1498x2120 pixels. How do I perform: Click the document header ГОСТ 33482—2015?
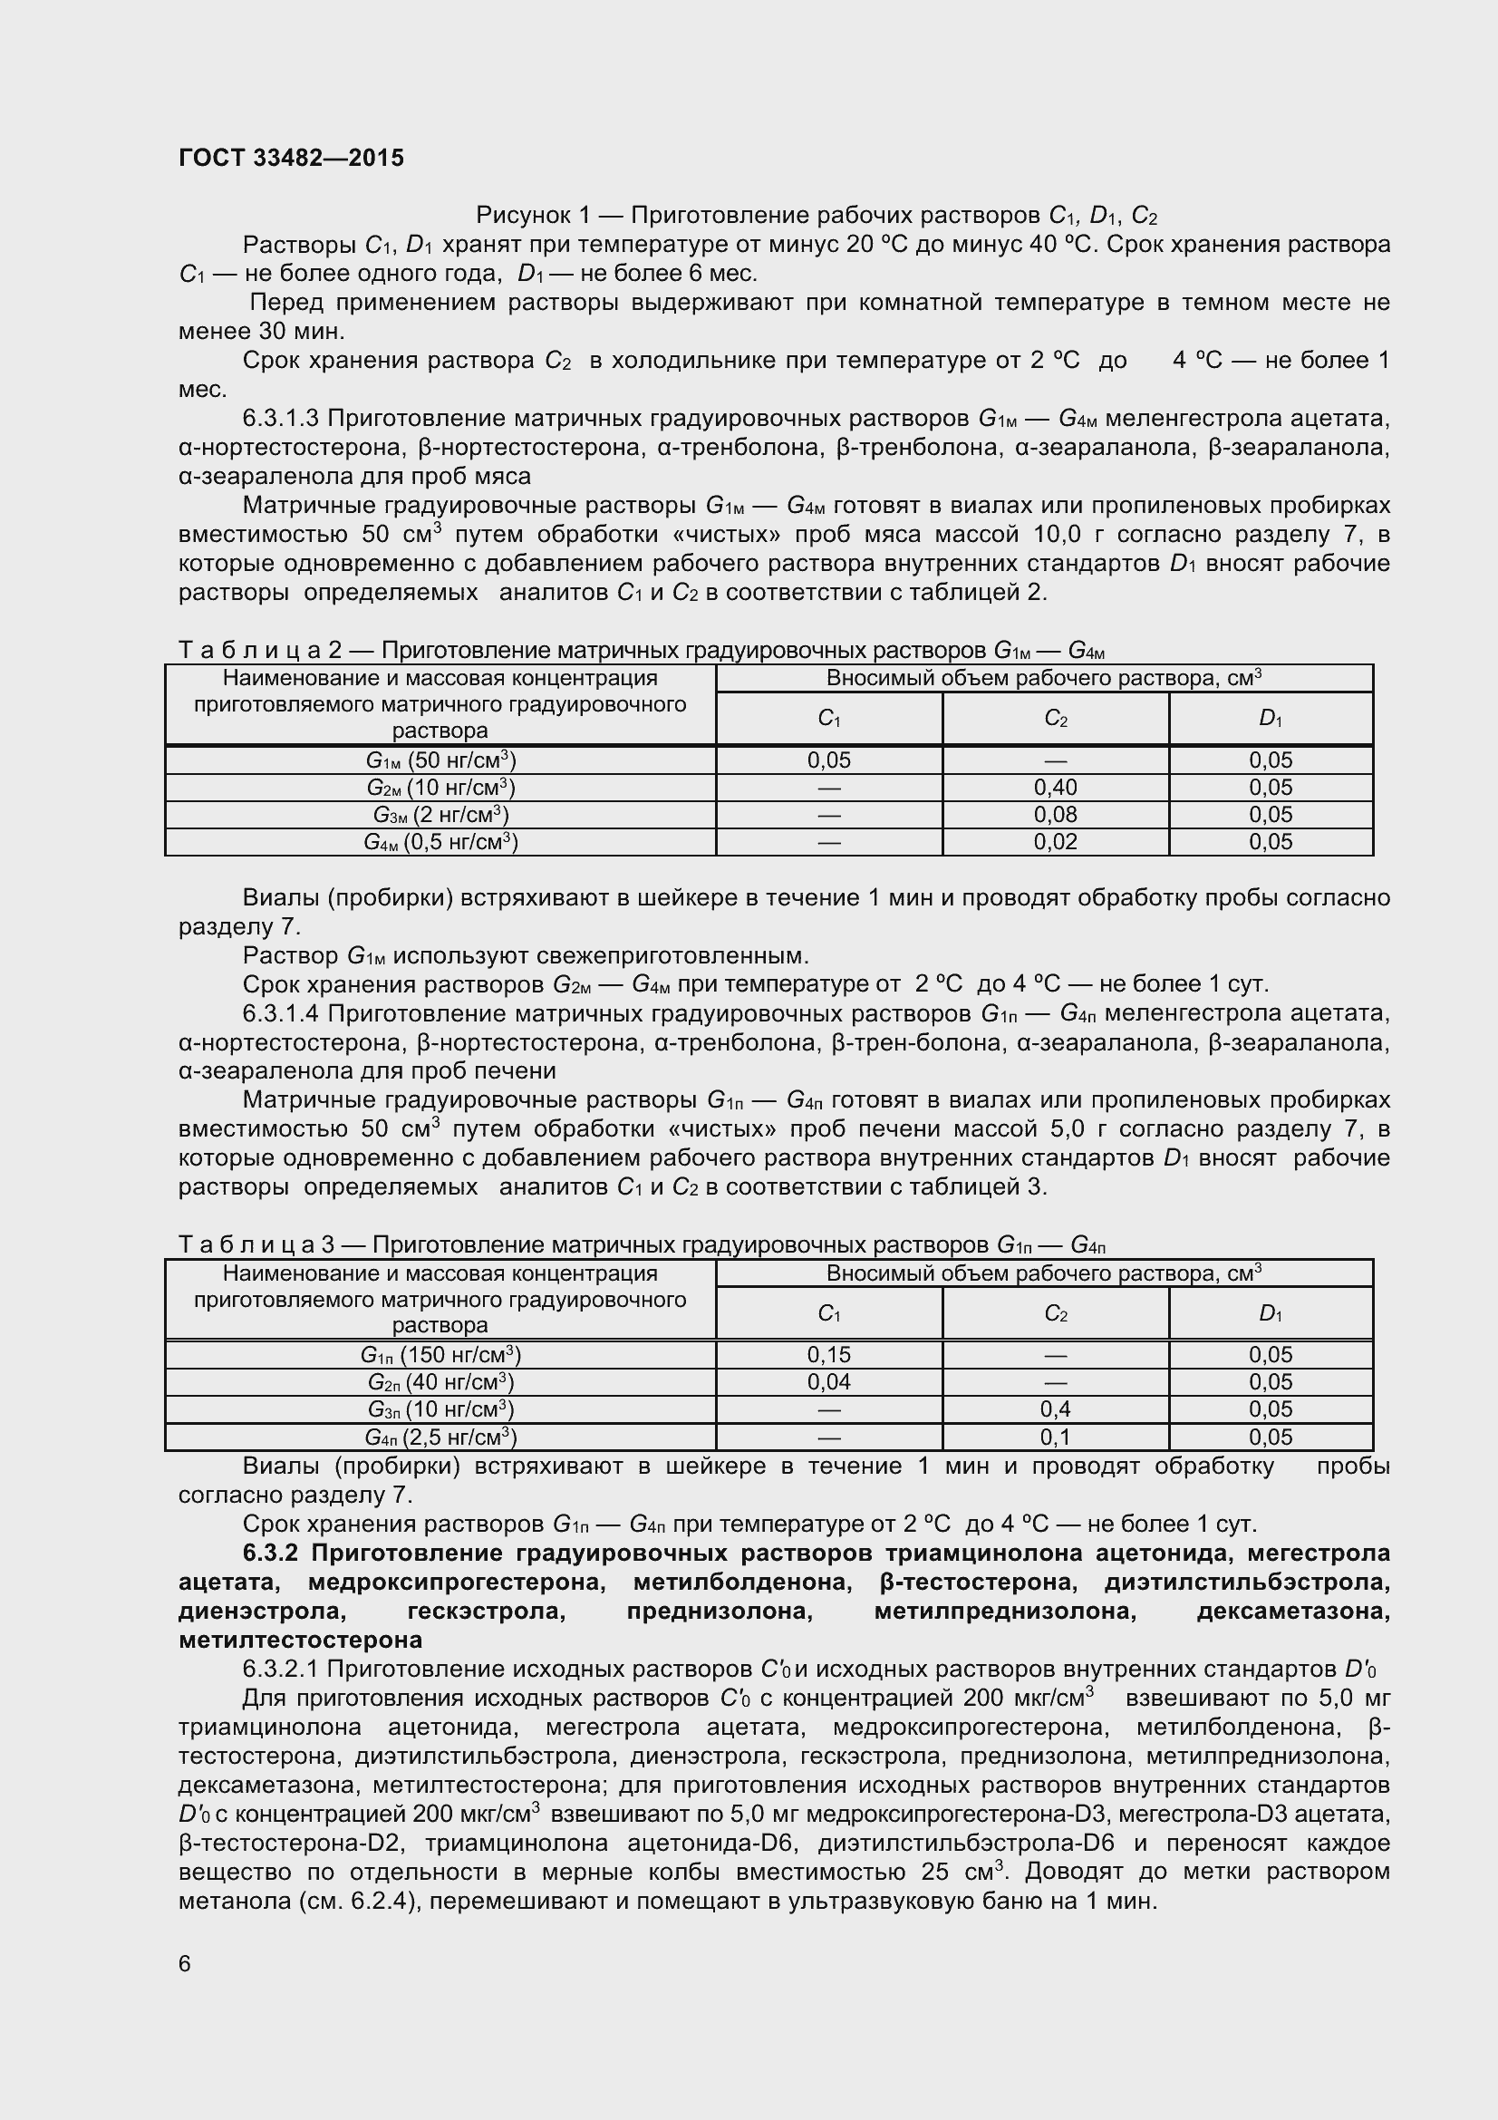[x=291, y=158]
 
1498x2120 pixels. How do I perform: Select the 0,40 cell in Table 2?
[x=1055, y=788]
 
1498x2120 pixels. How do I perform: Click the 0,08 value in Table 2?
[x=1055, y=815]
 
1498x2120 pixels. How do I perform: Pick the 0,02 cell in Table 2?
[x=1055, y=841]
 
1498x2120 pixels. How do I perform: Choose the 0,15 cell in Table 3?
[x=829, y=1354]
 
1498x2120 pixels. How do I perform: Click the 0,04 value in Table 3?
[x=829, y=1381]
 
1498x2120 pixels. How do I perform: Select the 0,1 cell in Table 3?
[x=1055, y=1437]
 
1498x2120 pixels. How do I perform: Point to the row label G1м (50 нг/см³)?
[x=440, y=760]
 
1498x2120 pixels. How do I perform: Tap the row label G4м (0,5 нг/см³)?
[x=440, y=841]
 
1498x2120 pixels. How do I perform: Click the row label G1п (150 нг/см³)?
[x=440, y=1354]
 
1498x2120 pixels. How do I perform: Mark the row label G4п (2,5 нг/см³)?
[x=440, y=1437]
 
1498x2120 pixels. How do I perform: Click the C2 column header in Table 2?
[x=1055, y=719]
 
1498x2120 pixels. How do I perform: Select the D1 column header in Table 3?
[x=1270, y=1313]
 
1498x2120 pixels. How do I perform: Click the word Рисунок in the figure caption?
[x=520, y=216]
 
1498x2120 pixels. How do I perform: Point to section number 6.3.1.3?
[x=281, y=418]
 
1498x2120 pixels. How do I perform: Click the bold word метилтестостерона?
[x=300, y=1640]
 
